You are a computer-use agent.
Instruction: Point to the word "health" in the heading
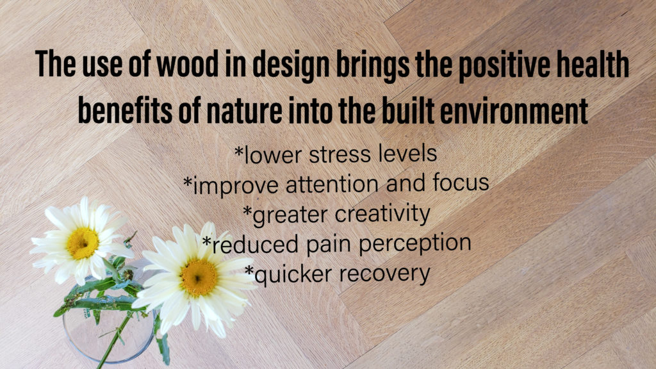593,64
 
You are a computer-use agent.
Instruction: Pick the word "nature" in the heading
243,111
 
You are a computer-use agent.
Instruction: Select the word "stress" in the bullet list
340,155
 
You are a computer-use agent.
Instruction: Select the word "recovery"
384,275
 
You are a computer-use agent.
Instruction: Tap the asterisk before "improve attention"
188,181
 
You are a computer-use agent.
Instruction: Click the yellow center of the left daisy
83,243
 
